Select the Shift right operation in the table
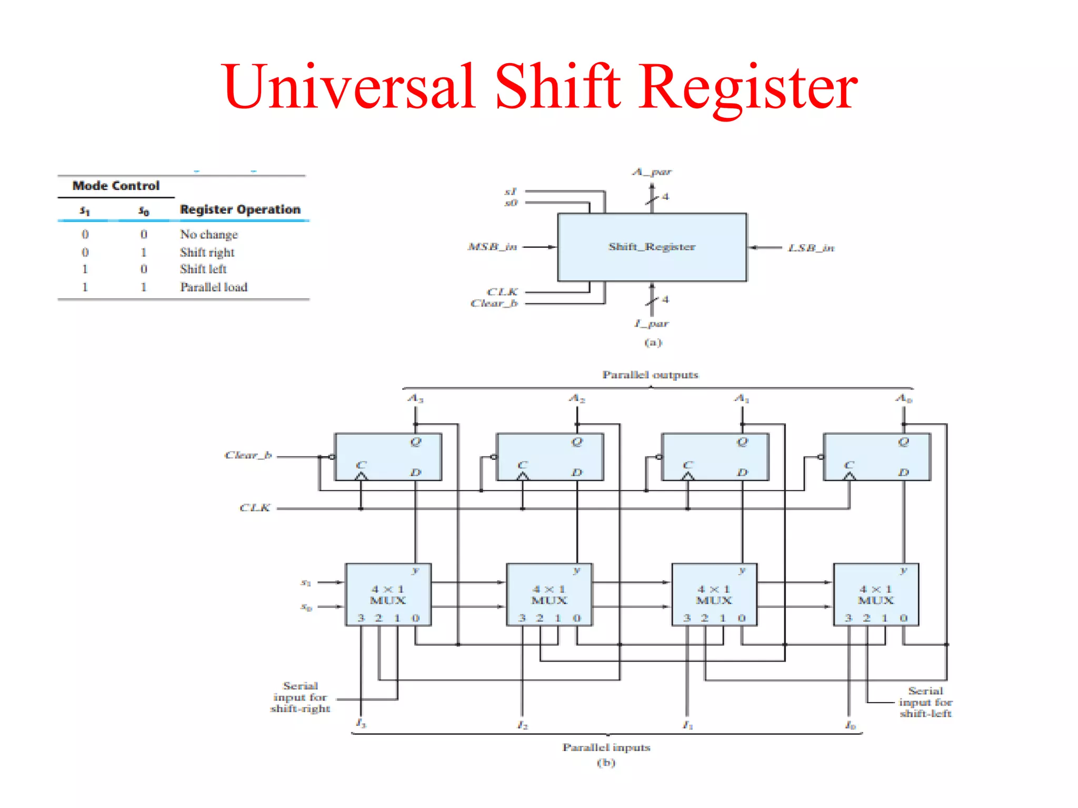point(207,252)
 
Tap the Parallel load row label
point(214,287)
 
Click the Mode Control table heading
point(116,186)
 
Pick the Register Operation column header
point(240,209)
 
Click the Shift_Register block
point(652,247)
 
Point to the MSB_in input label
point(492,247)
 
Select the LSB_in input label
point(811,248)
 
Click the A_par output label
point(652,172)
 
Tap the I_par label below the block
point(652,324)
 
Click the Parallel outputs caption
point(650,375)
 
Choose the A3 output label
point(415,398)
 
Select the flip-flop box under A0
point(877,457)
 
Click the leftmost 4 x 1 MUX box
point(388,594)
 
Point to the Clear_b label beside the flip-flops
point(248,455)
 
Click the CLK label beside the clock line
point(255,508)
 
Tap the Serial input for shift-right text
point(300,697)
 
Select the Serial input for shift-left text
point(925,702)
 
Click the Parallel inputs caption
point(606,747)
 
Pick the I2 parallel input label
point(522,725)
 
